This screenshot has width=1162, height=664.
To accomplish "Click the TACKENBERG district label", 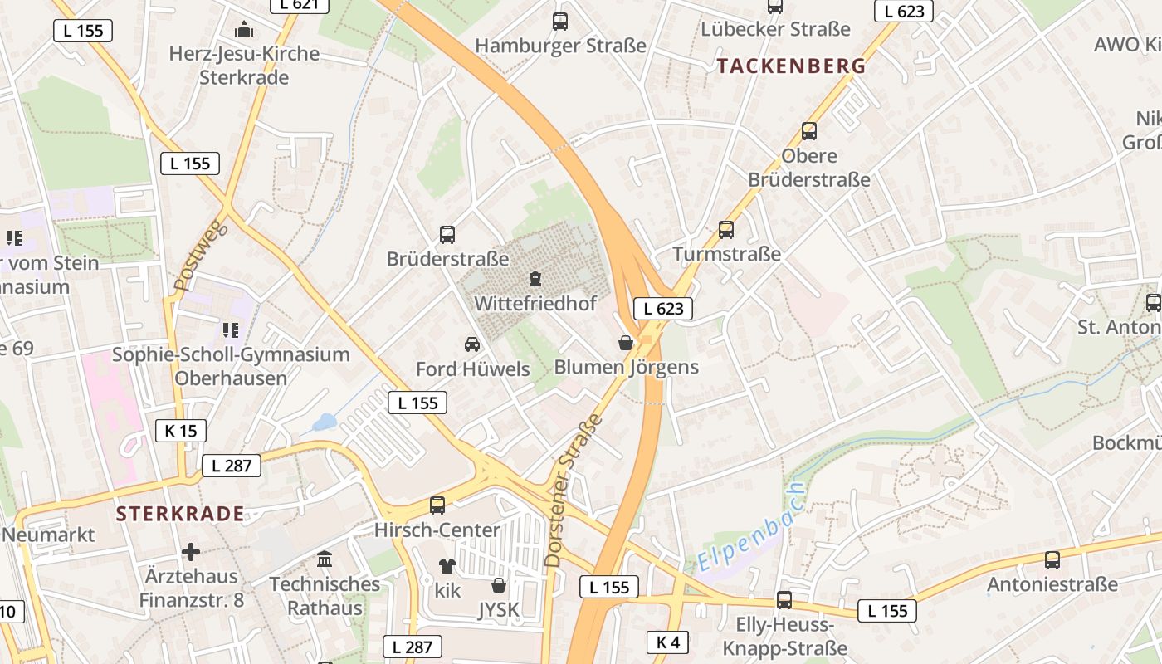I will [x=791, y=66].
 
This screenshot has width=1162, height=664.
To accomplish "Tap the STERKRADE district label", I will [x=180, y=513].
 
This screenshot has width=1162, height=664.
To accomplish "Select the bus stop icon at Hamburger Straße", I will [x=560, y=22].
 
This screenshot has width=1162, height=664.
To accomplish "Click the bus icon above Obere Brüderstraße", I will [x=809, y=131].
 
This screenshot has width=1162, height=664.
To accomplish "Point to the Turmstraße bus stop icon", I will [x=726, y=230].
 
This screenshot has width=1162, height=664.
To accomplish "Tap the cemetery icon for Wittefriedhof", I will [x=535, y=279].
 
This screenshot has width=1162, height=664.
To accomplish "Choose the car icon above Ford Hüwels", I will [x=471, y=344].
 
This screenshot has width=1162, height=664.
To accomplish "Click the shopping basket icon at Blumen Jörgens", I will [x=626, y=343].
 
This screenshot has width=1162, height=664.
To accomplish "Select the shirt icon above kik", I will [x=447, y=566].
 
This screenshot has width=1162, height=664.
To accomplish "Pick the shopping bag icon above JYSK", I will [x=499, y=585].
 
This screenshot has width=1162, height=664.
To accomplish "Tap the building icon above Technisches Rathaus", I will [x=325, y=559].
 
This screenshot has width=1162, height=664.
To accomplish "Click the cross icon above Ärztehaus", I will [x=191, y=552].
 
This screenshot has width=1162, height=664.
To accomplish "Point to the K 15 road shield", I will [x=180, y=431].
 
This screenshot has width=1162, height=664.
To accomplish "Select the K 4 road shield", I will [x=667, y=642].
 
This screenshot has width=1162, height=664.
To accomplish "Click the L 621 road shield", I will [x=300, y=4].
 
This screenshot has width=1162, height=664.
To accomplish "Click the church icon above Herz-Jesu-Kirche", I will [x=244, y=30].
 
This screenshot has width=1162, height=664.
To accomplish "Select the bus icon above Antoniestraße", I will [x=1052, y=560].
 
